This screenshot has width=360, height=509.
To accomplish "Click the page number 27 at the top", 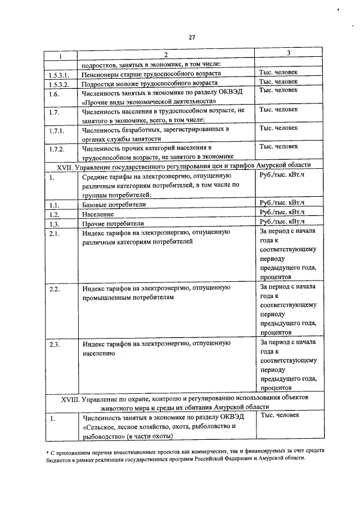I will point(191,38).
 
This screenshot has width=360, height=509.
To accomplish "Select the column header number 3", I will point(288,53).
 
